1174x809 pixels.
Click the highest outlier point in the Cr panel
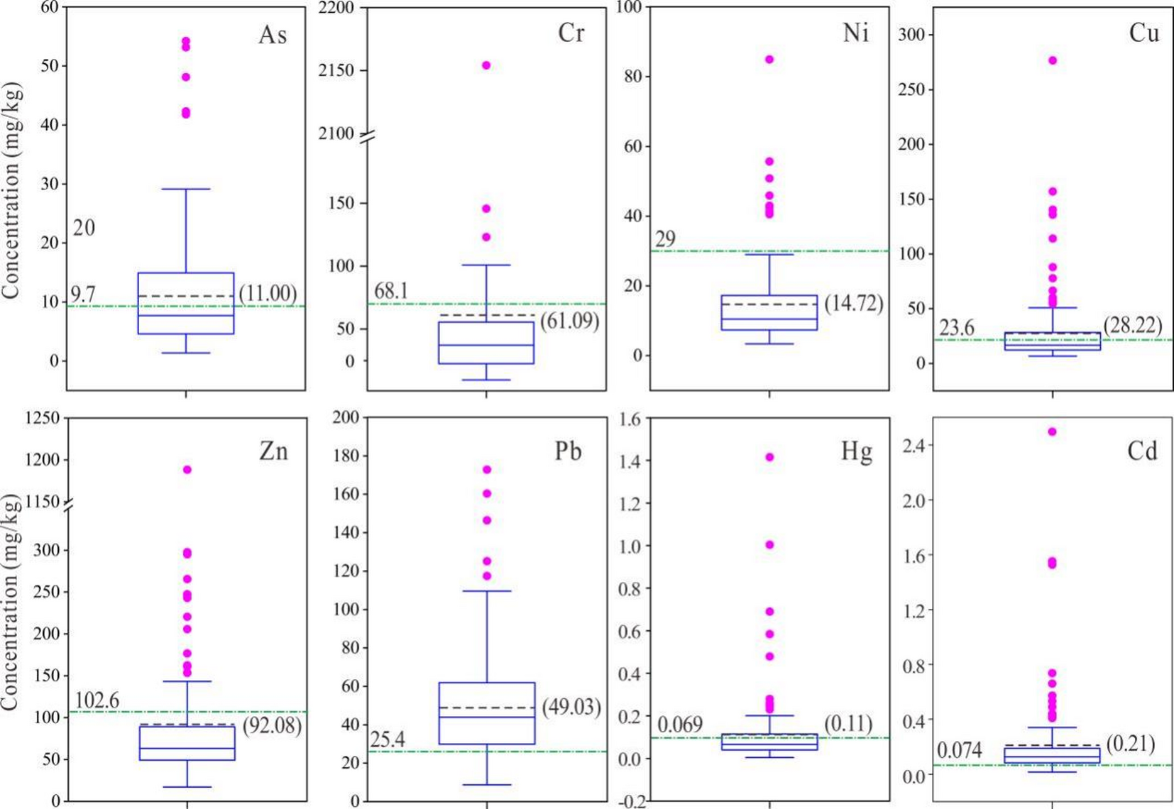(486, 65)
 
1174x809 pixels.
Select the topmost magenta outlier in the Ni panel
(769, 60)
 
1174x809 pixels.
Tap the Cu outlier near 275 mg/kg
(1053, 60)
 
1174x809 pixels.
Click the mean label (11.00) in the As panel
(268, 293)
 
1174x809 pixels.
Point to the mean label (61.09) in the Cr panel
(569, 321)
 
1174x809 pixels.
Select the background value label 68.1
(391, 291)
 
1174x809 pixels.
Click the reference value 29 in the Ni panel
(665, 239)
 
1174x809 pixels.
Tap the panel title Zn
(273, 451)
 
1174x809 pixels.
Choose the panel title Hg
(857, 451)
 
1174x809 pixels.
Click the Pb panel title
(568, 451)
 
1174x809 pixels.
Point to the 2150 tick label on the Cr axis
(337, 70)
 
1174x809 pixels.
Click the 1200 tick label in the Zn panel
(43, 460)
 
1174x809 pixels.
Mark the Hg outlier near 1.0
(769, 545)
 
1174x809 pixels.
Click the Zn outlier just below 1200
(187, 470)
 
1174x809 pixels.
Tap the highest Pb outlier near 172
(487, 470)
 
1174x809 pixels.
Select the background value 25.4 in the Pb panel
(388, 739)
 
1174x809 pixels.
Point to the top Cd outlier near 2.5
(1053, 431)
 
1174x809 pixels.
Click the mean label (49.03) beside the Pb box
(571, 707)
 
